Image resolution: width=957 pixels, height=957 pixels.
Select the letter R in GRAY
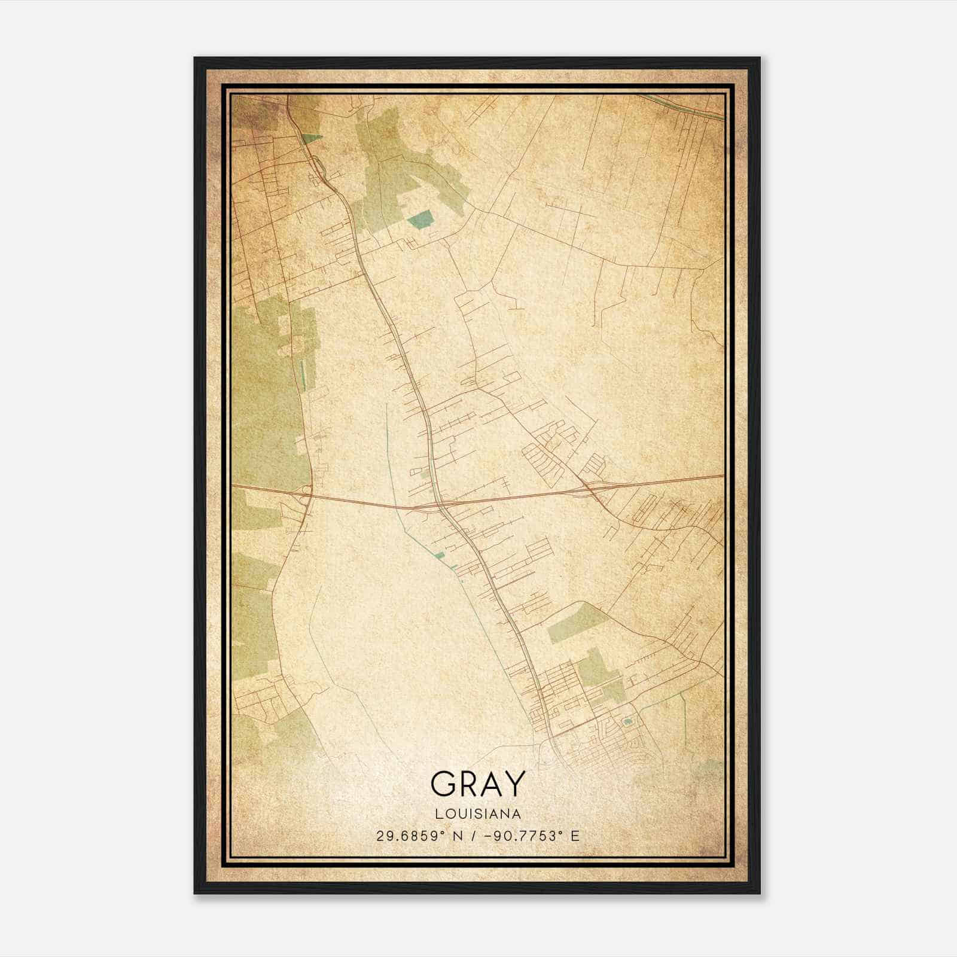point(467,784)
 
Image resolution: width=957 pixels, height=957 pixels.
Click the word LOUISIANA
point(478,814)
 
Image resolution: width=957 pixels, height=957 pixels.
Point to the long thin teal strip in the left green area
point(301,374)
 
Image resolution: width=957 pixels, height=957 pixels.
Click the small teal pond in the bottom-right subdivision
point(627,722)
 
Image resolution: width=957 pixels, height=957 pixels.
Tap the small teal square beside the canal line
point(440,556)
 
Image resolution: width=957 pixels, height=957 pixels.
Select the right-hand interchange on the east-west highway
point(589,489)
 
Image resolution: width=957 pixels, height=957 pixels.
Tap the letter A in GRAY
point(491,784)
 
